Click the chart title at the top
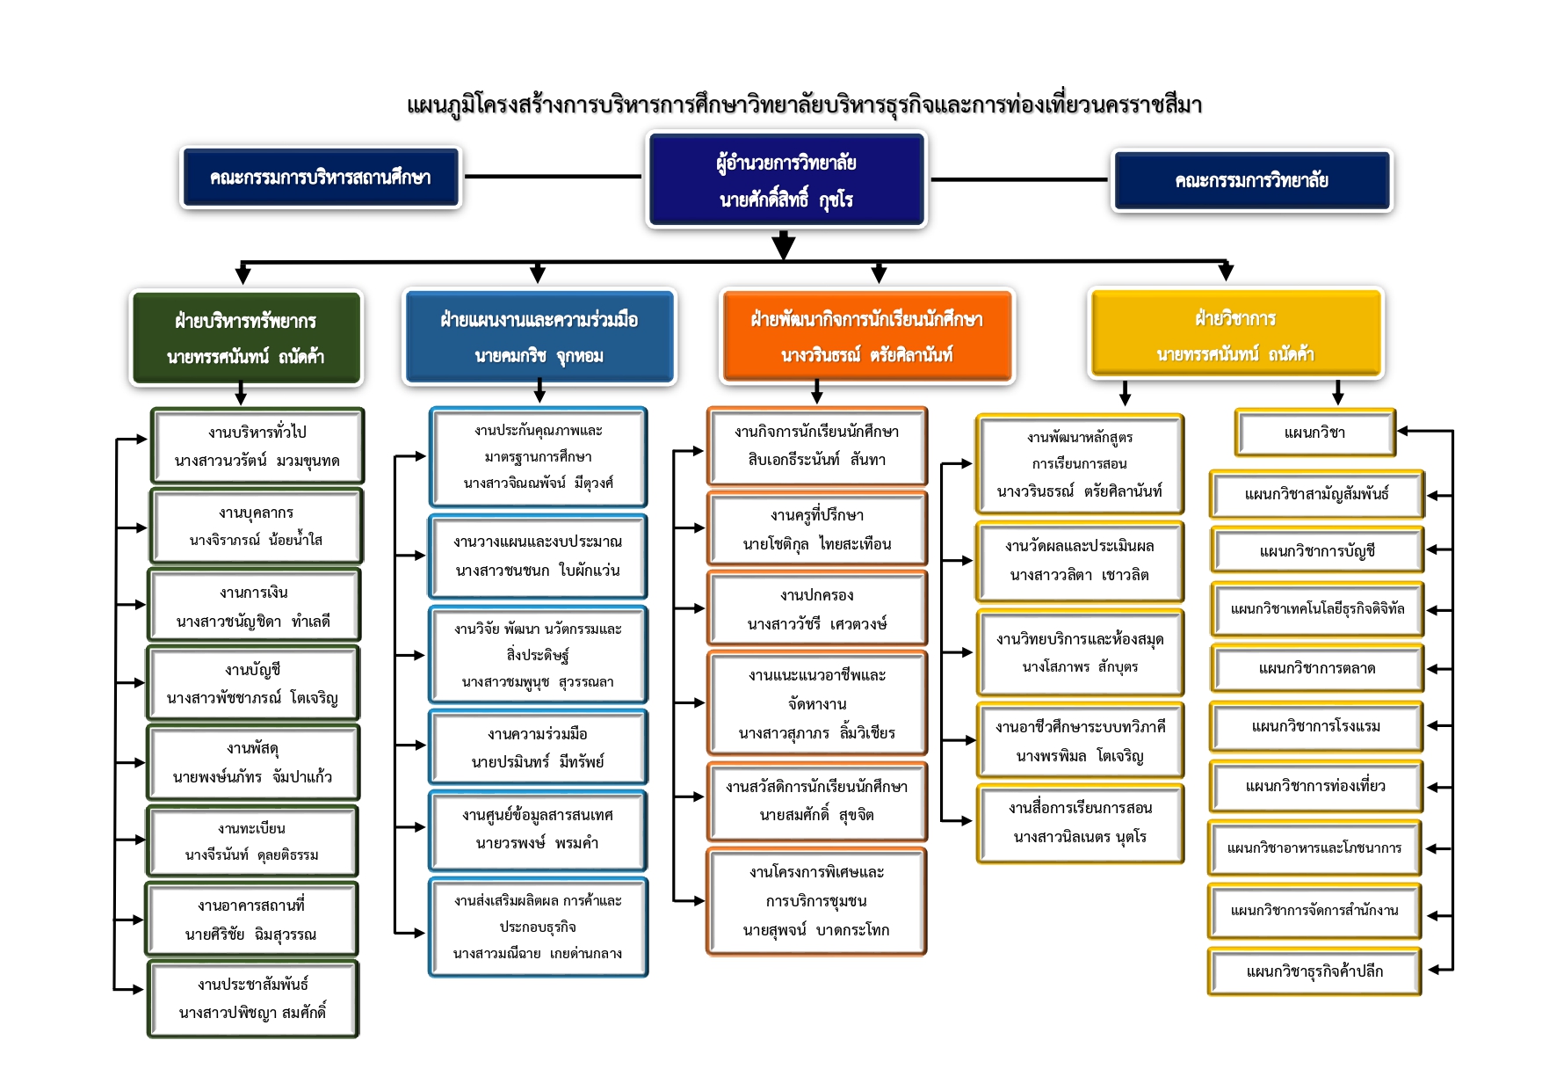click(x=804, y=105)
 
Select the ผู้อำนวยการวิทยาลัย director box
click(x=786, y=179)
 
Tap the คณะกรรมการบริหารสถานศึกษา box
click(x=321, y=178)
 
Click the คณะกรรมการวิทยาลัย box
click(x=1252, y=180)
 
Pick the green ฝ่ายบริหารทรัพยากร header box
click(x=246, y=338)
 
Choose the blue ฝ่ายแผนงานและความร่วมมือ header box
click(x=539, y=337)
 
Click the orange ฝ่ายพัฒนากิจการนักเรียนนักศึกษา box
click(x=867, y=336)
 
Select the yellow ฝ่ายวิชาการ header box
click(x=1235, y=334)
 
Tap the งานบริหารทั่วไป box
click(x=257, y=446)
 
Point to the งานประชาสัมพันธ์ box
click(x=253, y=999)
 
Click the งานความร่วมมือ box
click(x=538, y=747)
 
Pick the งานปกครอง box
click(x=817, y=609)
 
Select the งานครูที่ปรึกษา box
click(x=817, y=528)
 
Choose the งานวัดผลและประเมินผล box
click(x=1080, y=561)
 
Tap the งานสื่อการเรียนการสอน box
click(x=1080, y=823)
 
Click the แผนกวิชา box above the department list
click(x=1315, y=433)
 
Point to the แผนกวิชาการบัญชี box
click(x=1317, y=551)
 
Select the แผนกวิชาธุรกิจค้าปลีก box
click(x=1314, y=971)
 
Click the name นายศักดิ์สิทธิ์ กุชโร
click(x=786, y=200)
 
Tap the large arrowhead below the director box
click(x=784, y=245)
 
